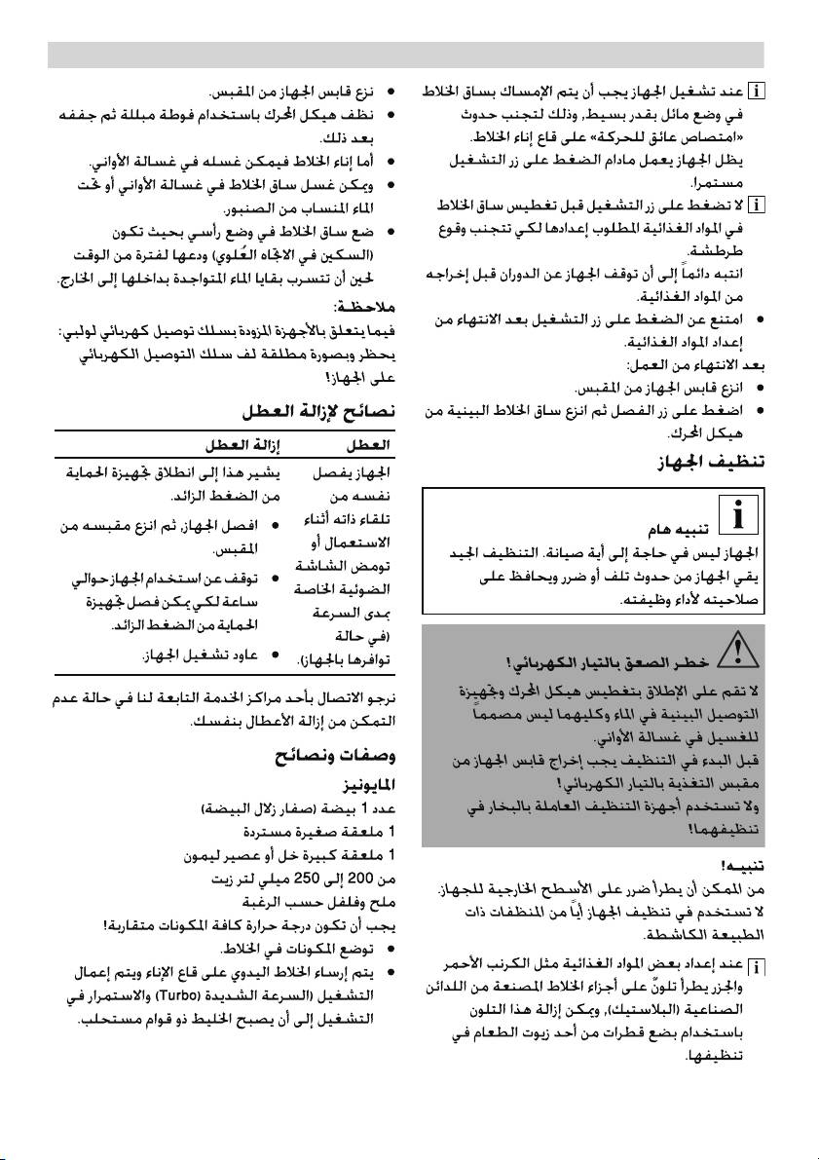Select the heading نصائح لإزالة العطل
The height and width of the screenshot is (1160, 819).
click(319, 413)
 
